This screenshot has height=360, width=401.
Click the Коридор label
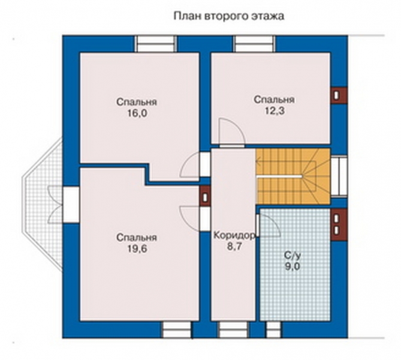tap(234, 236)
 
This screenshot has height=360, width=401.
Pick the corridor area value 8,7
tap(234, 246)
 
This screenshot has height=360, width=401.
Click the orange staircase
tap(293, 177)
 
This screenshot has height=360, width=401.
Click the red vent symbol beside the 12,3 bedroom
tap(338, 95)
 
